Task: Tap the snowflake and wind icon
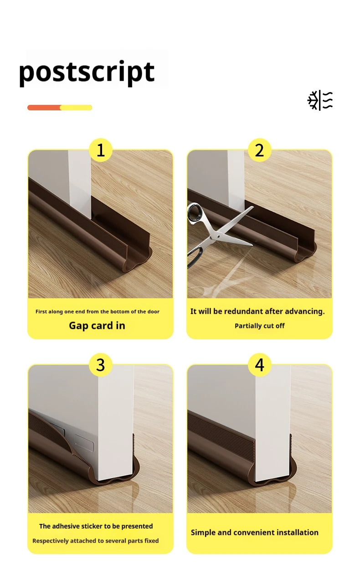tap(320, 100)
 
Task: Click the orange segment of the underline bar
tap(44, 108)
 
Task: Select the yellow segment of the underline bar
tap(76, 108)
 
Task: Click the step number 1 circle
tap(101, 150)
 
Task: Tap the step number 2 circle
tap(259, 150)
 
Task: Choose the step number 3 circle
tap(101, 365)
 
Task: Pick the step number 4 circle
tap(259, 365)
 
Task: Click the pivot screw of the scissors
tap(219, 237)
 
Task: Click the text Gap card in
tap(97, 326)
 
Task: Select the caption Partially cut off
tap(260, 326)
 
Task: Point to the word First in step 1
tap(41, 311)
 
